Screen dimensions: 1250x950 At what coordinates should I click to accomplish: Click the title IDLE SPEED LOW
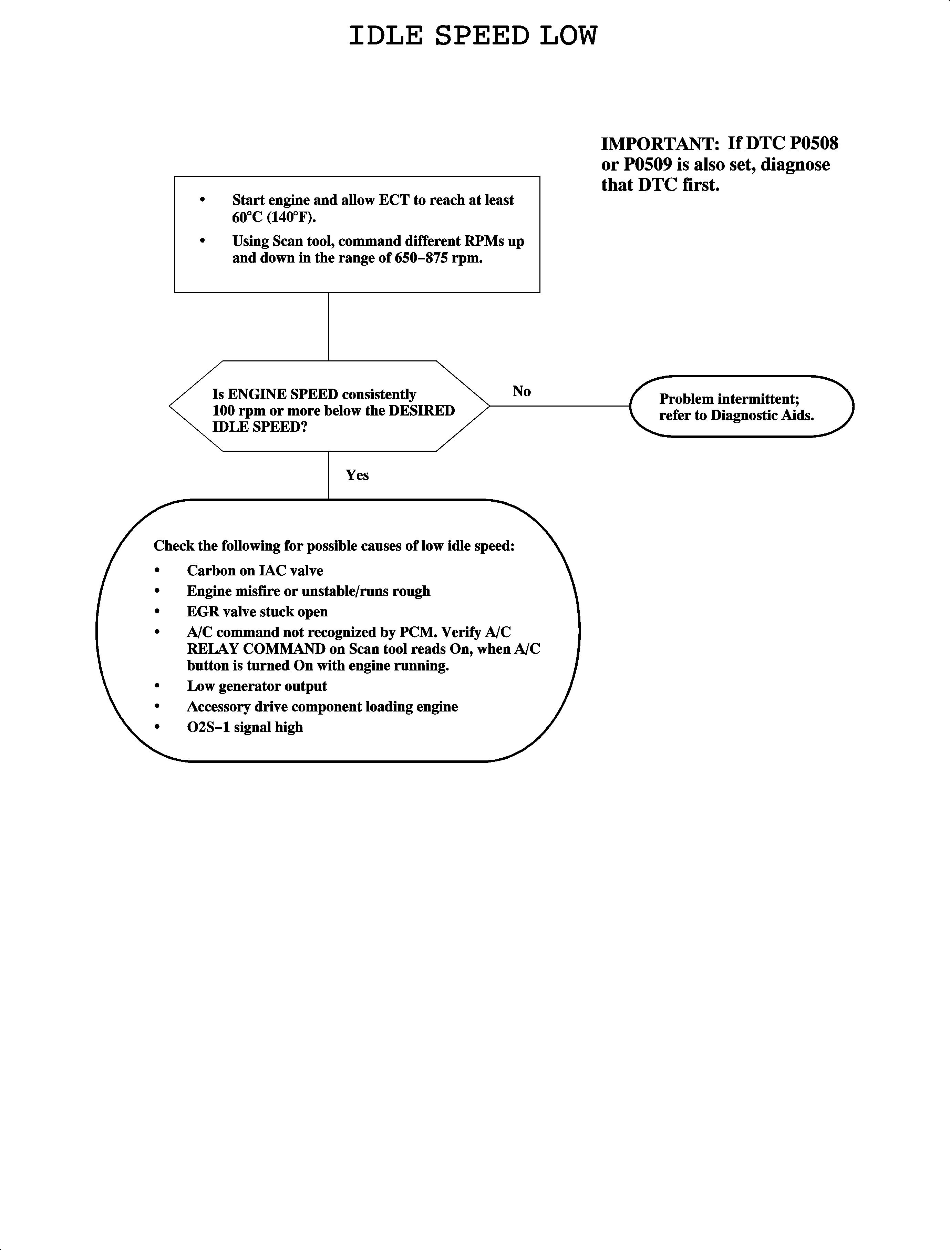[x=473, y=36]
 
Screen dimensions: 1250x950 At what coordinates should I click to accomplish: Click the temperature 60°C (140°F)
[x=274, y=217]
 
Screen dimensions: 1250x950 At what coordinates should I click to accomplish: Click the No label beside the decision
[x=522, y=391]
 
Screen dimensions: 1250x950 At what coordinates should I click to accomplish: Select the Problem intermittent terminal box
[x=741, y=407]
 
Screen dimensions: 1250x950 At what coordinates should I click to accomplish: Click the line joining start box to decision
[x=329, y=326]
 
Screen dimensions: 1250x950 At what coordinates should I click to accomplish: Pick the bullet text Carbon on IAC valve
[x=255, y=571]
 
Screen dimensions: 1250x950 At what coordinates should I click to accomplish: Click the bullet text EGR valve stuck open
[x=257, y=612]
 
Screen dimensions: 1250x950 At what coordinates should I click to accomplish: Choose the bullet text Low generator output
[x=257, y=686]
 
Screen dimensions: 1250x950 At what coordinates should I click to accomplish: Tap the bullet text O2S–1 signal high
[x=245, y=727]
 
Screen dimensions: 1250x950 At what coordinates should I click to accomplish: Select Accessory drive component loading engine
[x=322, y=707]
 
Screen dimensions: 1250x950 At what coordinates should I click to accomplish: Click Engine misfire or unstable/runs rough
[x=309, y=592]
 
